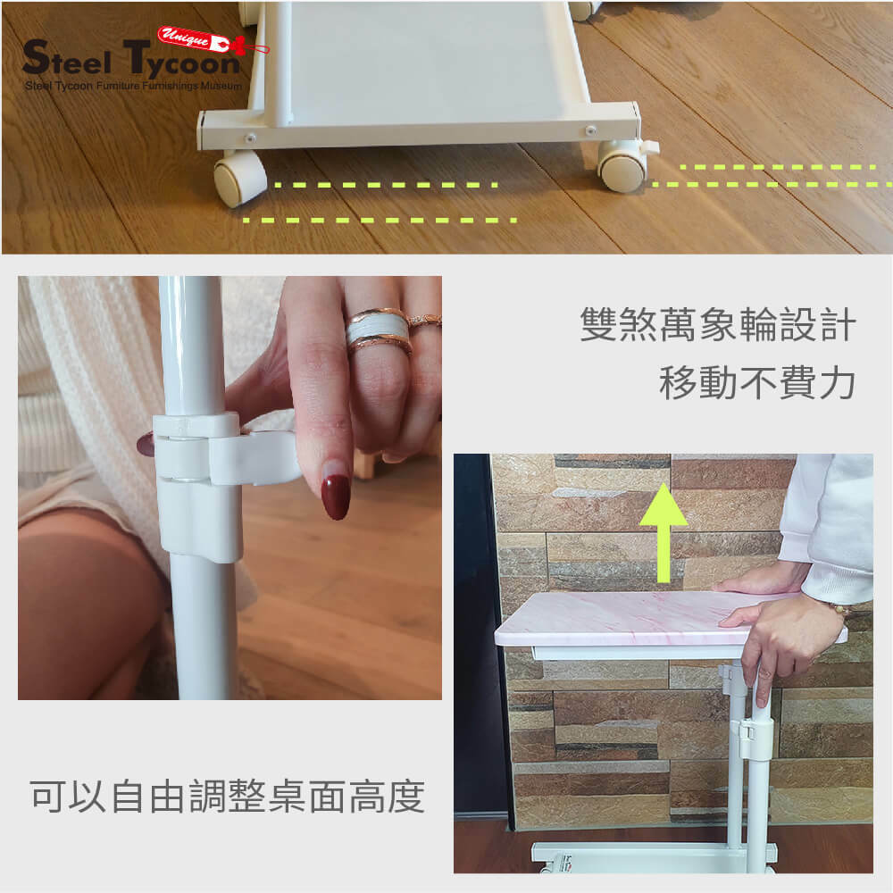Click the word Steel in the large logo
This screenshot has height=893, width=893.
67,58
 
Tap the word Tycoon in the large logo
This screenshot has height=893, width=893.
181,61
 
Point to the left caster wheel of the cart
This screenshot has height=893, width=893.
239,179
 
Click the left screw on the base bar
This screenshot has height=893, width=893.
249,138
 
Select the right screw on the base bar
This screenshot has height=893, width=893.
590,131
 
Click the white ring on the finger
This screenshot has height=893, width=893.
377,330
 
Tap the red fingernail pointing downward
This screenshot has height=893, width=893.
336,496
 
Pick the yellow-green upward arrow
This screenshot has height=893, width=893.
663,532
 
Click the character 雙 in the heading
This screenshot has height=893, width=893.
598,325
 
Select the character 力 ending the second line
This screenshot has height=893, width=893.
838,383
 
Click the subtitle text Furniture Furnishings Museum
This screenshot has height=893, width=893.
169,86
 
